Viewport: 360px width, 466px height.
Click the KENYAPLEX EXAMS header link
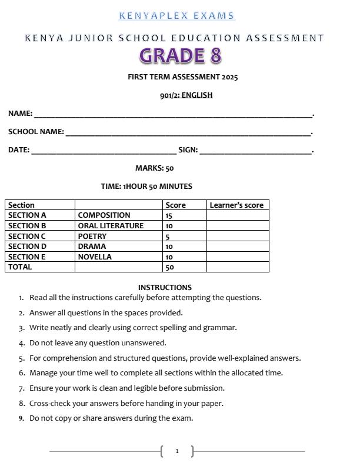[x=176, y=16]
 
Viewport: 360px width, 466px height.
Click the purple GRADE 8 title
[x=181, y=56]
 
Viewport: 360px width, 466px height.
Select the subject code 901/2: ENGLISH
[x=186, y=95]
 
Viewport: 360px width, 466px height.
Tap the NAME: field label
[x=20, y=114]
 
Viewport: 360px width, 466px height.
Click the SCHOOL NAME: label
[x=36, y=132]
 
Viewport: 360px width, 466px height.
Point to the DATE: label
[x=19, y=150]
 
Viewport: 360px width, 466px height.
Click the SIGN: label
[x=188, y=150]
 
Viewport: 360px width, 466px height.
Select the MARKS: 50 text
[x=155, y=168]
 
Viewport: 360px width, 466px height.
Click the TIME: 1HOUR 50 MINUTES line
[x=146, y=187]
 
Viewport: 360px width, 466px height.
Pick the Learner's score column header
[x=236, y=205]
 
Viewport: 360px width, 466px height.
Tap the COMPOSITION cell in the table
[x=104, y=215]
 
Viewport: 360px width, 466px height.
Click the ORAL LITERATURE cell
[x=111, y=226]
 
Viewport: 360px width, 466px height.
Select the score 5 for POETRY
[x=168, y=237]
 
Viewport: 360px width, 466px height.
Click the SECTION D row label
[x=27, y=247]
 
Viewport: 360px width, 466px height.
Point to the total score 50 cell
[x=169, y=267]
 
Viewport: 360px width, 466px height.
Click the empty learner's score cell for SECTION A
[x=237, y=215]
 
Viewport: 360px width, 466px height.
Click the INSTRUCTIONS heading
[x=165, y=287]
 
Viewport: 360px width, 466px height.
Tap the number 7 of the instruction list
[x=21, y=388]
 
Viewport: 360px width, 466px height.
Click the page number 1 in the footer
[x=177, y=451]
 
